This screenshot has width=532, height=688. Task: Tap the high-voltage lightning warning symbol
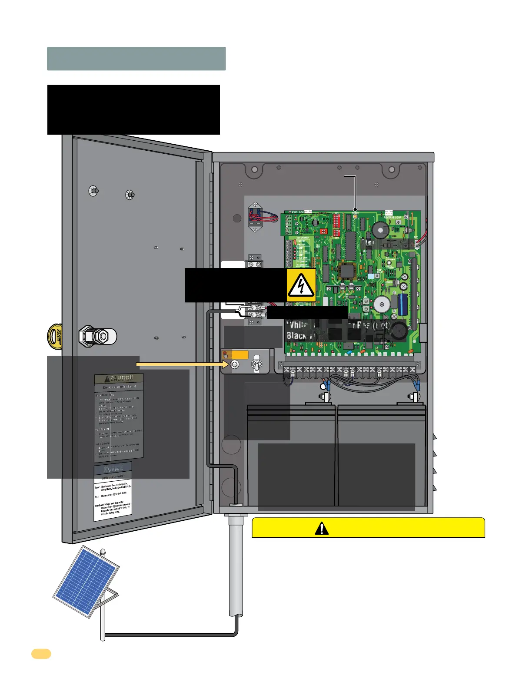pyautogui.click(x=301, y=285)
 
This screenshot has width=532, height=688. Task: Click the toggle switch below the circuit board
pyautogui.click(x=256, y=364)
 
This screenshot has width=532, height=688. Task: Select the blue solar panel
pyautogui.click(x=86, y=581)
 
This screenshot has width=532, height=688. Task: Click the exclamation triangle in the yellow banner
pyautogui.click(x=322, y=528)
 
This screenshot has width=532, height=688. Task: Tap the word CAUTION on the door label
pyautogui.click(x=119, y=378)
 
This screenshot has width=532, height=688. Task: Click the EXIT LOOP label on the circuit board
pyautogui.click(x=298, y=212)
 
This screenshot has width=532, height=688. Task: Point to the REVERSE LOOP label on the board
pyautogui.click(x=392, y=217)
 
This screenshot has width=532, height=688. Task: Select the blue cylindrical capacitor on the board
pyautogui.click(x=402, y=304)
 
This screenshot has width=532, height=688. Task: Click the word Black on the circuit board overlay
pyautogui.click(x=296, y=336)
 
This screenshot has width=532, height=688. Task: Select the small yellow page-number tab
pyautogui.click(x=41, y=654)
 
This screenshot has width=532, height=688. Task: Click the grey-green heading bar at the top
pyautogui.click(x=136, y=59)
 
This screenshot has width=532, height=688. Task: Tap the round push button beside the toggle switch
pyautogui.click(x=235, y=364)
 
